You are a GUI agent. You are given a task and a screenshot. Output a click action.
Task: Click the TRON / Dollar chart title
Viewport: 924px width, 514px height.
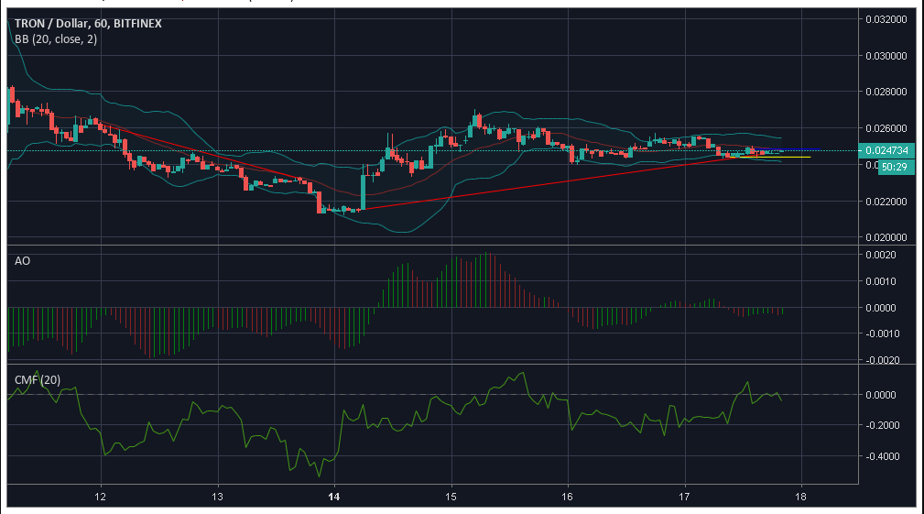click(87, 23)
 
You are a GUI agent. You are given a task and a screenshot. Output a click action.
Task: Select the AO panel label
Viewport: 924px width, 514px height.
click(23, 261)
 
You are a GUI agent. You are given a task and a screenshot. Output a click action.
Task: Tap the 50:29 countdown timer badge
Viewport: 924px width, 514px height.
click(895, 168)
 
